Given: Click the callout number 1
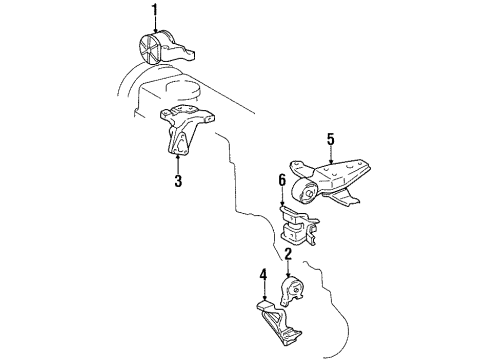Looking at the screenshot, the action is point(154,11).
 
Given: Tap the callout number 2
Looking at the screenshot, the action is point(288,254).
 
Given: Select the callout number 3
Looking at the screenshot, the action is point(178,181).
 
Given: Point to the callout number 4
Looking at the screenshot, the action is point(263,275).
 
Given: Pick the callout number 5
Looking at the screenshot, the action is point(330,139).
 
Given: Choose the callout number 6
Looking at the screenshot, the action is point(282,180).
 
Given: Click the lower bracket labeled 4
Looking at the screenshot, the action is point(277,322).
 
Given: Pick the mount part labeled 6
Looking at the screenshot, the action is point(298,226).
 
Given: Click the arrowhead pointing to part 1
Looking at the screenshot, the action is point(155,30).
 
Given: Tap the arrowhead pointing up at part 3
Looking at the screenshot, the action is point(178,157).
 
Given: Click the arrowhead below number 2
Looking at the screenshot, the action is point(288,275).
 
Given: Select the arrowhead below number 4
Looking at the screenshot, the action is point(264,298).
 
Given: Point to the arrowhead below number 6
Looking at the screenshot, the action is point(282,203).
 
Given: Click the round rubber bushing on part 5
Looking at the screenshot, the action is point(304,190).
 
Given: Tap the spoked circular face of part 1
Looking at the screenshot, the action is point(148,48).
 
